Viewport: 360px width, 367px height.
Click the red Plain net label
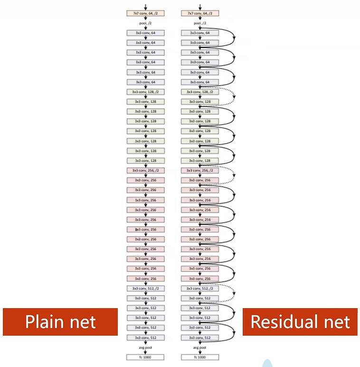pos(60,322)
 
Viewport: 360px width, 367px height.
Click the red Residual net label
pos(300,322)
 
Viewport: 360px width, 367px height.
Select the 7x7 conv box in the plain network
pos(145,13)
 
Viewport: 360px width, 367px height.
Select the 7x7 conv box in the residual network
pos(199,13)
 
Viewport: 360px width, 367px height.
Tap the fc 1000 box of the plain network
pos(145,357)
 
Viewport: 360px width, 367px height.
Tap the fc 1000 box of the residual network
pos(199,357)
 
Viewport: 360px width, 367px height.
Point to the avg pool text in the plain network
pos(145,347)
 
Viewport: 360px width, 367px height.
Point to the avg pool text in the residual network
pos(199,347)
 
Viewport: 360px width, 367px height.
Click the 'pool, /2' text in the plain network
pos(145,23)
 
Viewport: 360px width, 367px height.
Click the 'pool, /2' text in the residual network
pos(199,23)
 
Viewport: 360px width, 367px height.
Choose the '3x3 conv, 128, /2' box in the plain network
pos(145,92)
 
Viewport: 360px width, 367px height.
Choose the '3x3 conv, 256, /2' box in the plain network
pos(145,170)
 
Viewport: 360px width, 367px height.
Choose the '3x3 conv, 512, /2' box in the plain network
pos(145,288)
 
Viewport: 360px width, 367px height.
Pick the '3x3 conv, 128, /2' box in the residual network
pos(199,92)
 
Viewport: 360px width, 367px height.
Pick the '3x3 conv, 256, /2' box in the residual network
pos(199,170)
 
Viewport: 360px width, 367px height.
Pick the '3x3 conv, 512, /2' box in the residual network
pos(199,288)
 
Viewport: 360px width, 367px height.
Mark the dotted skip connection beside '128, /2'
pos(234,96)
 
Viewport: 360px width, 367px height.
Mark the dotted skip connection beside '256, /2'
pos(234,175)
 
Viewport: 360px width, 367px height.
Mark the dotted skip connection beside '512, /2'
pos(234,293)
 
